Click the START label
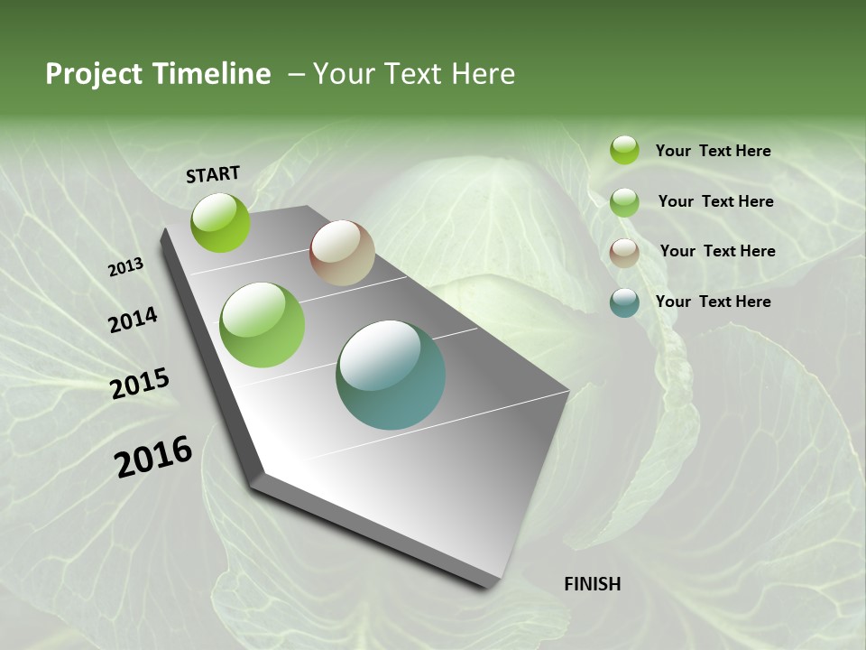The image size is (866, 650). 213,173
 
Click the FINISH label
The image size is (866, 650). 592,583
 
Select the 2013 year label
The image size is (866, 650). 125,266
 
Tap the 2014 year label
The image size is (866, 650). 133,320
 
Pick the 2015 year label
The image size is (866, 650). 140,383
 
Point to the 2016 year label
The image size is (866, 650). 153,456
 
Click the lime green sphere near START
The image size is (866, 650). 220,222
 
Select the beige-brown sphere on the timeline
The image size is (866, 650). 342,253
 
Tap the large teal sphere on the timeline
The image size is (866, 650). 391,375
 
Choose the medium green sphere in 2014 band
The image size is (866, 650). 263,325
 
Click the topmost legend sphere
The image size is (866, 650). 624,150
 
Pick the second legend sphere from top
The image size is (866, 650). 624,202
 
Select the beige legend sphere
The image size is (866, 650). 624,252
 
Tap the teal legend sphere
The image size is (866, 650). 624,302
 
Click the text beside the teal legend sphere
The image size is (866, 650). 713,302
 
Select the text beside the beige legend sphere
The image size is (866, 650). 717,251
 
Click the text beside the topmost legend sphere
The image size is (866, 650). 713,151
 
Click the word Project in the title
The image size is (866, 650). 92,74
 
